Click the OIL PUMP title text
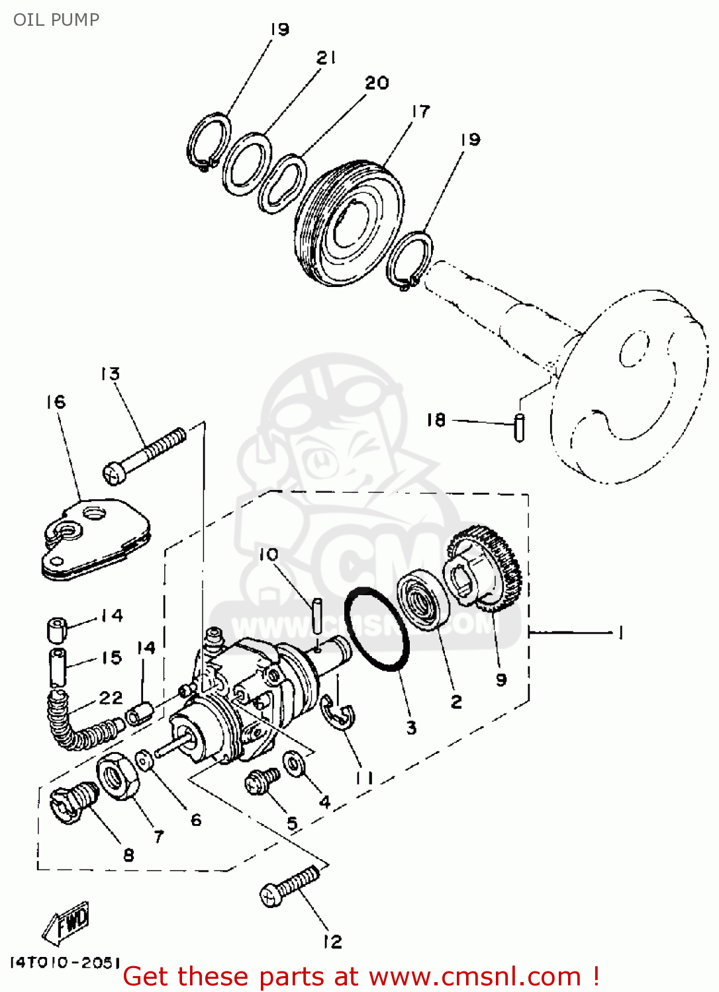(56, 20)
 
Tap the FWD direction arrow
(67, 923)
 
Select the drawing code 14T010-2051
(65, 962)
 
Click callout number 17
(420, 111)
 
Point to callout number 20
(377, 83)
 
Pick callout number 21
(326, 58)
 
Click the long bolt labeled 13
(144, 455)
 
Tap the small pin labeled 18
(520, 427)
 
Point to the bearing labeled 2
(423, 602)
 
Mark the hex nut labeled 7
(118, 776)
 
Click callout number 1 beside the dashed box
(620, 634)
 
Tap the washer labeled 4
(293, 764)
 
